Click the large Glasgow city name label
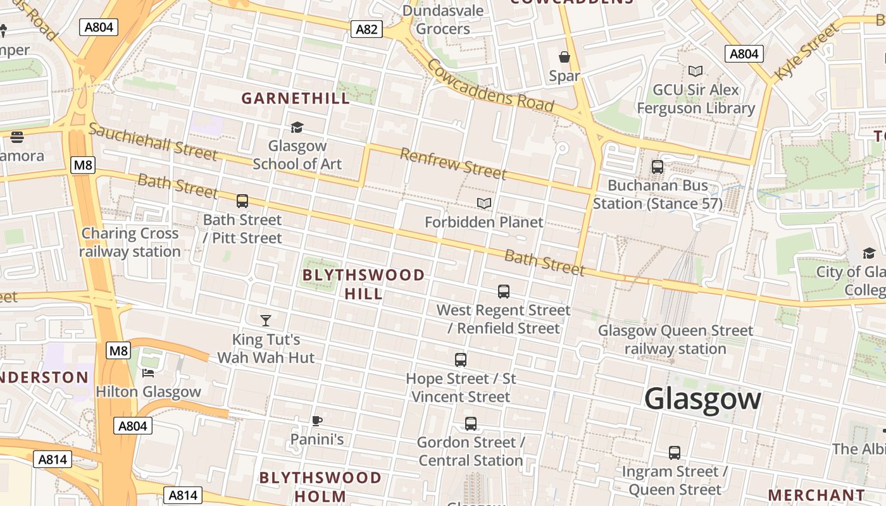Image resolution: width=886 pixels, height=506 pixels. pos(702,399)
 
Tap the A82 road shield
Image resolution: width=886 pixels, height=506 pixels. pos(367,28)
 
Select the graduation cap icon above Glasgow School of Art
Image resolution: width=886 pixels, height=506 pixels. pos(297,128)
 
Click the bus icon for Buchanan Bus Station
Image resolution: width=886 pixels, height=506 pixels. pos(658,167)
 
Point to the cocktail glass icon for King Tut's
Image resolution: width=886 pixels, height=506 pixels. pos(266,321)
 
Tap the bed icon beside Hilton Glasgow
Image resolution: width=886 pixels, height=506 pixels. pos(148,373)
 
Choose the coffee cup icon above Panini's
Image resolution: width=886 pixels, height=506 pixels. pos(317,421)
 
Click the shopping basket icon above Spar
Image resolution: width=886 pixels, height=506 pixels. pos(565,58)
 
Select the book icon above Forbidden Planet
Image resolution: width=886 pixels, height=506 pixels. pos(484,203)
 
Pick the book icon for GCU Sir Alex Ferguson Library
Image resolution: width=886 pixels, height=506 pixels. pos(696,71)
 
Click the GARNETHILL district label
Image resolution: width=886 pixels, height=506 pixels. pos(296,98)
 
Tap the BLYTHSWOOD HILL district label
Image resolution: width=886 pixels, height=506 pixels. pos(364,284)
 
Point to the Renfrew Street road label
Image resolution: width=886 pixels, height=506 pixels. pos(453,164)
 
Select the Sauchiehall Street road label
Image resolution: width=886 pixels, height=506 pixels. pos(153,142)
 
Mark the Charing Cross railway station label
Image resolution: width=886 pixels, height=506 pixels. pos(130,242)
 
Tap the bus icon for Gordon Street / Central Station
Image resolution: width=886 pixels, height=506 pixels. pos(471,424)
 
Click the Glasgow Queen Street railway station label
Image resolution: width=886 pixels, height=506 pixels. pos(675,340)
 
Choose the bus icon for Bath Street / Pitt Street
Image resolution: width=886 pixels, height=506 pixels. pos(242,201)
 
